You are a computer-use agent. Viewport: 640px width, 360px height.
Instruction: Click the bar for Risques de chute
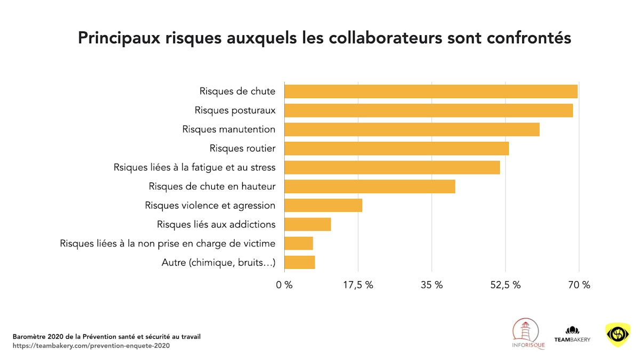click(430, 91)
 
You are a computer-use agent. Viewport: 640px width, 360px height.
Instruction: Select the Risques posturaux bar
click(428, 110)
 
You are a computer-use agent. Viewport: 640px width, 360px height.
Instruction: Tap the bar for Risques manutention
click(412, 130)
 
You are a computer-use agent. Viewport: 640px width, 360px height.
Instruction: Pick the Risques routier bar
click(396, 148)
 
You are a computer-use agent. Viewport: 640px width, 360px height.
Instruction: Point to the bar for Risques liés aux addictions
click(307, 224)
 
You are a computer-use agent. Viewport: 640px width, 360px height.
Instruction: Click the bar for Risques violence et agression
click(323, 205)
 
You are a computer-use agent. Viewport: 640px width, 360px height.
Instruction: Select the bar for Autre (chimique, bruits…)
click(299, 262)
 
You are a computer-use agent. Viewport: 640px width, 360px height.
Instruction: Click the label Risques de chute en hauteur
click(212, 187)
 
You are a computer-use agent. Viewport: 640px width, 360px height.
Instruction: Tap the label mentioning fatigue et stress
click(195, 167)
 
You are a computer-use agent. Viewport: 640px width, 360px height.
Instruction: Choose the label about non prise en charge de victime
click(167, 244)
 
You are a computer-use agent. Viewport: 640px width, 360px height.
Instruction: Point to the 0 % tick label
click(284, 285)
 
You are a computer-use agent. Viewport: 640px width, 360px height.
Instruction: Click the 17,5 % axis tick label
click(357, 285)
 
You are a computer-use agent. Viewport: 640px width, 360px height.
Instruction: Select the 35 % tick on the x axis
click(431, 285)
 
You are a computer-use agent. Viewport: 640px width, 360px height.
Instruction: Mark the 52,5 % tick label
click(505, 285)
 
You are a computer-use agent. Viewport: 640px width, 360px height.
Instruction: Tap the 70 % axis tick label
click(579, 285)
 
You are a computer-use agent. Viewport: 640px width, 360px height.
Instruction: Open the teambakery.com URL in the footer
click(91, 346)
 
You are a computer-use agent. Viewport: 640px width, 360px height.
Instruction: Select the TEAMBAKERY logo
click(572, 334)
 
